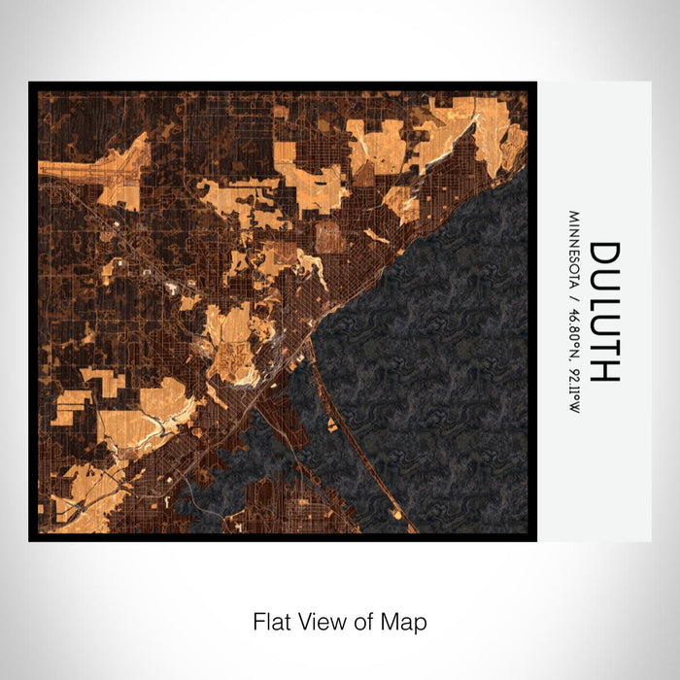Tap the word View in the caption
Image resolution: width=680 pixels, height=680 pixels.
click(x=320, y=621)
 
